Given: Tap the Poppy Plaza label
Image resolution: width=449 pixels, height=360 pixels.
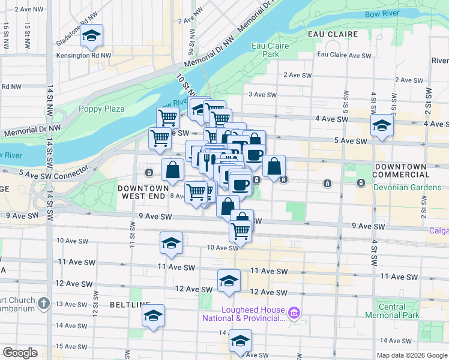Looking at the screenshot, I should coord(102,109).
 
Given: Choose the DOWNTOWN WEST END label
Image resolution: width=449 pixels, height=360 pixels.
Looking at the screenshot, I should coord(142,192).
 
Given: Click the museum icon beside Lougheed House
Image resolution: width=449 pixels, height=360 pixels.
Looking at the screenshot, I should coord(294,312).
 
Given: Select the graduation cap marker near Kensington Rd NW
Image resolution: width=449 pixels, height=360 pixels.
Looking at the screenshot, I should coord(92,37).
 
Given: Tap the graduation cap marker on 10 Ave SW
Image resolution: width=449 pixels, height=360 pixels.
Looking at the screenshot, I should coord(171,243).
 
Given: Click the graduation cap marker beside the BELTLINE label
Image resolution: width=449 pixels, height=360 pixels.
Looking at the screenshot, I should coord(153,316).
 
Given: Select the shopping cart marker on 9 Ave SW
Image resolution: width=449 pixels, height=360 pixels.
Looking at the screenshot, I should coord(240,230).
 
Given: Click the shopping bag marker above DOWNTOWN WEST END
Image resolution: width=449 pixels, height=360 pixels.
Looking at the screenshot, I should coord(172,169).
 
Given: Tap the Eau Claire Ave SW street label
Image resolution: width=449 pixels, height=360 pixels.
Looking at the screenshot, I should coord(345,55).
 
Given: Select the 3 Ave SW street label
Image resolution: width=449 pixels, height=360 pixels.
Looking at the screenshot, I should coord(262,95).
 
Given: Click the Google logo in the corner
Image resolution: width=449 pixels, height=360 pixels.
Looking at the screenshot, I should coord(20,353).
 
